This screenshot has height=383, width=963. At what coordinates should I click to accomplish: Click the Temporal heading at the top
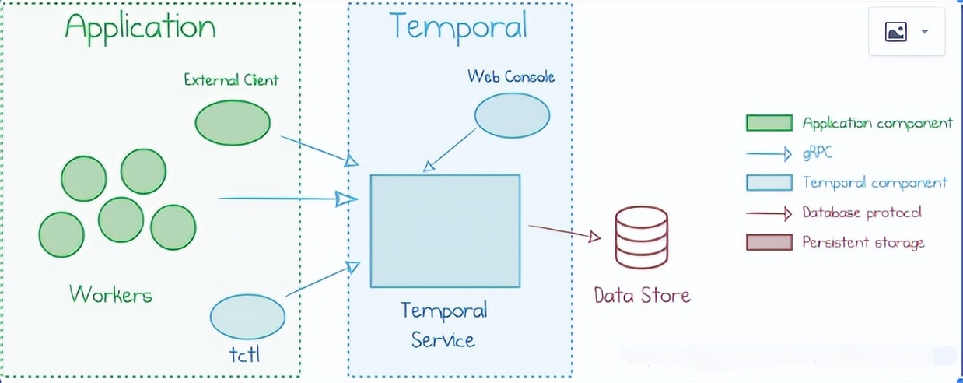click(458, 26)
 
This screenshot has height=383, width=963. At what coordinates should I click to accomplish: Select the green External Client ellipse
click(233, 123)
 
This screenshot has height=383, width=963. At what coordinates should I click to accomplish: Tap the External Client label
click(231, 79)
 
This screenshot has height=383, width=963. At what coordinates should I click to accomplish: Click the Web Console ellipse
click(512, 115)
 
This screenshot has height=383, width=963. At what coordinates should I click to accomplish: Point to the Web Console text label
click(511, 76)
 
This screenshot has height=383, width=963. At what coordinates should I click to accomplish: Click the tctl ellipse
click(247, 317)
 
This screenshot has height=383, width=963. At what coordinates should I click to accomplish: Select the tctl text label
click(244, 355)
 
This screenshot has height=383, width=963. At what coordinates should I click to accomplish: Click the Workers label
click(111, 295)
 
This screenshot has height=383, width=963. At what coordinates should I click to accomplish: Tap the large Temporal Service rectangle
click(446, 231)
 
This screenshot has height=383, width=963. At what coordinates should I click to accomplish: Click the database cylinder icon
click(642, 237)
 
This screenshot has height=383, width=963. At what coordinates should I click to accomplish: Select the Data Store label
click(643, 296)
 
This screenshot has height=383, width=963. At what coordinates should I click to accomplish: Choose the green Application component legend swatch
click(769, 123)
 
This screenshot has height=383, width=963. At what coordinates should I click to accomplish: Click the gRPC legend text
click(818, 153)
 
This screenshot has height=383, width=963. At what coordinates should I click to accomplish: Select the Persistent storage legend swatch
click(769, 242)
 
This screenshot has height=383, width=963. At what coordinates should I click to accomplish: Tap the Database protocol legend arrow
click(769, 213)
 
